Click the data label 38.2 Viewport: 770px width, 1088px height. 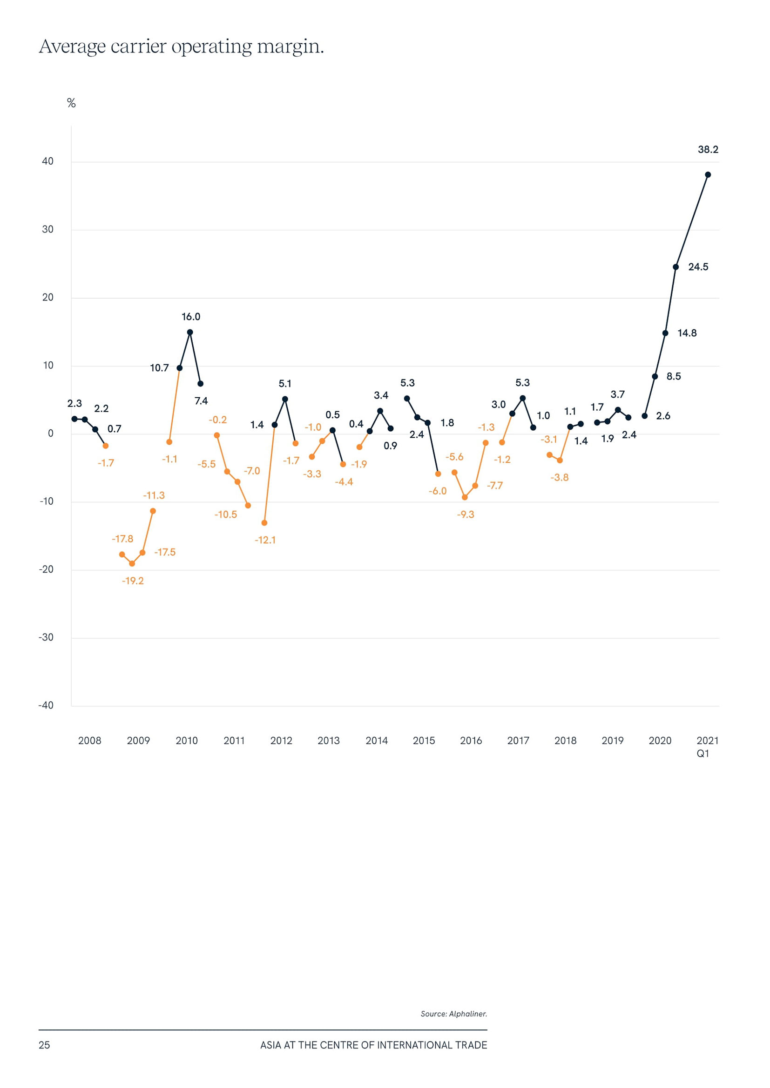[x=708, y=150]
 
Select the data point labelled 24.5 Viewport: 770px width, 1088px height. [x=675, y=267]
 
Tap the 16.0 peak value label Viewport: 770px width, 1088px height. [x=190, y=317]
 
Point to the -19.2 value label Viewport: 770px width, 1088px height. [x=133, y=581]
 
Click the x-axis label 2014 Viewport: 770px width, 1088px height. [x=377, y=741]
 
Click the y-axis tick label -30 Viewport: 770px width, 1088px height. [x=46, y=637]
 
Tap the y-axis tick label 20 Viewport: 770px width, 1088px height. [x=48, y=298]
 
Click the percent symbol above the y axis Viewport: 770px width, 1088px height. [x=71, y=103]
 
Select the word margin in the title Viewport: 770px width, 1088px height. [x=290, y=47]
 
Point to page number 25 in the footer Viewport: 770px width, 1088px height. [x=44, y=1045]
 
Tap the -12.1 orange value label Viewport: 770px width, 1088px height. [x=265, y=540]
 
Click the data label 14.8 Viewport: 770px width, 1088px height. [x=687, y=333]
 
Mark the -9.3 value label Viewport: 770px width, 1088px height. [x=466, y=514]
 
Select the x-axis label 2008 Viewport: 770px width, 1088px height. [x=89, y=741]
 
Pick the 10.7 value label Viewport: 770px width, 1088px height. [x=159, y=368]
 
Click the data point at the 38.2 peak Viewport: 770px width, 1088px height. [x=708, y=175]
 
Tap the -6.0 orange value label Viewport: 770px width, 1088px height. [x=438, y=491]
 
